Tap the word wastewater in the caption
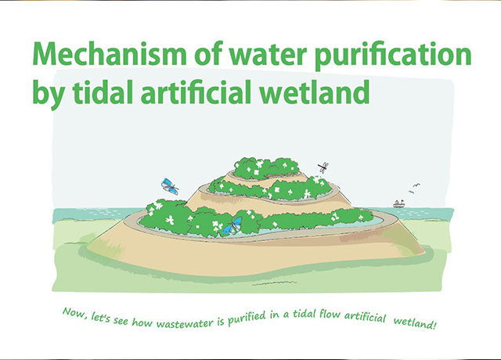tap(185, 323)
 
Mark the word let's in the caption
tap(101, 318)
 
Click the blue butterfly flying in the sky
tap(170, 186)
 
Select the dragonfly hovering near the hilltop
tap(323, 167)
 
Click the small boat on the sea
tap(398, 203)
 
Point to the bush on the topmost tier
tap(266, 168)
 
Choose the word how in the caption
tap(142, 322)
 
